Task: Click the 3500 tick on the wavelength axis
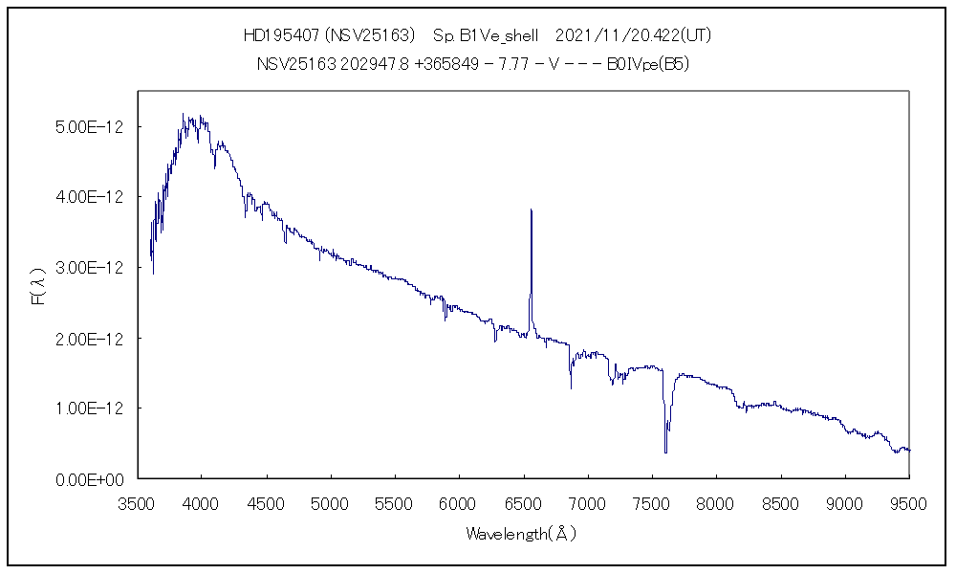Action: click(138, 503)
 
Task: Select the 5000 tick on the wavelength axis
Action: click(331, 503)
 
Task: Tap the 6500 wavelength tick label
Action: click(523, 503)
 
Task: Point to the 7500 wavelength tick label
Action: click(652, 503)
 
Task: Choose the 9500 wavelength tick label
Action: click(908, 503)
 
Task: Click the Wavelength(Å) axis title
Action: click(522, 534)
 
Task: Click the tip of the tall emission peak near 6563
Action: click(531, 210)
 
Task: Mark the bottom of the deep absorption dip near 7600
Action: click(665, 452)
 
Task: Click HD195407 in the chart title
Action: click(282, 36)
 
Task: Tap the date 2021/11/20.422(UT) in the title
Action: click(633, 36)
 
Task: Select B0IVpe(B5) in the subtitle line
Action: click(648, 64)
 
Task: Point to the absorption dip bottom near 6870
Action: click(571, 387)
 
